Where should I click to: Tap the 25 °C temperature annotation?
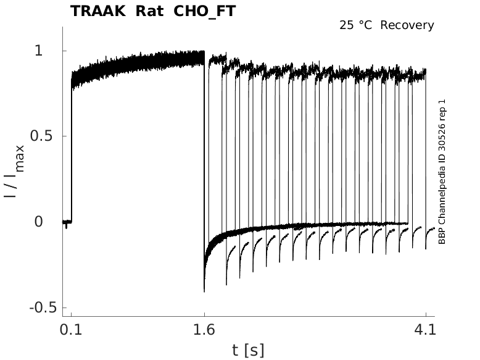[356, 25]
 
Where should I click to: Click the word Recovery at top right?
[407, 25]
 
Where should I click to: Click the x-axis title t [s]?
[248, 350]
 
